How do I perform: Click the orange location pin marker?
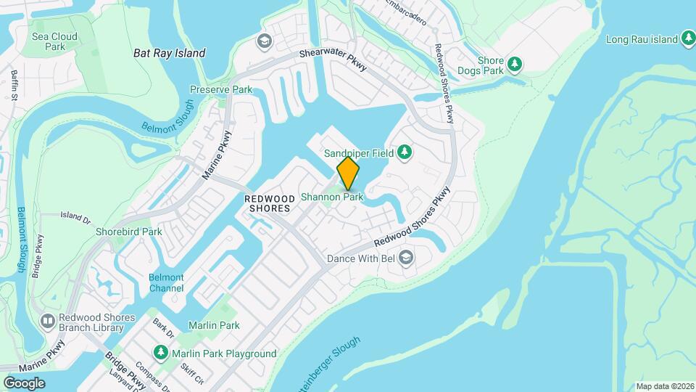(x=348, y=173)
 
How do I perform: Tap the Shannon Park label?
(x=331, y=197)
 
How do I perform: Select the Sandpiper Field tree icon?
(x=405, y=152)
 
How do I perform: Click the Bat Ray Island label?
(x=170, y=53)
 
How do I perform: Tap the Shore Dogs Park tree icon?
(x=515, y=64)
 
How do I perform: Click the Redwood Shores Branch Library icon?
(x=48, y=320)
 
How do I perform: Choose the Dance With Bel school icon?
(x=407, y=257)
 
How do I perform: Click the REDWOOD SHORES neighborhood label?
(x=268, y=203)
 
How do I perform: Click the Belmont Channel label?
(x=166, y=282)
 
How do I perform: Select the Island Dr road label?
(x=75, y=216)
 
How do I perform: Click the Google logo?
(x=24, y=383)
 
